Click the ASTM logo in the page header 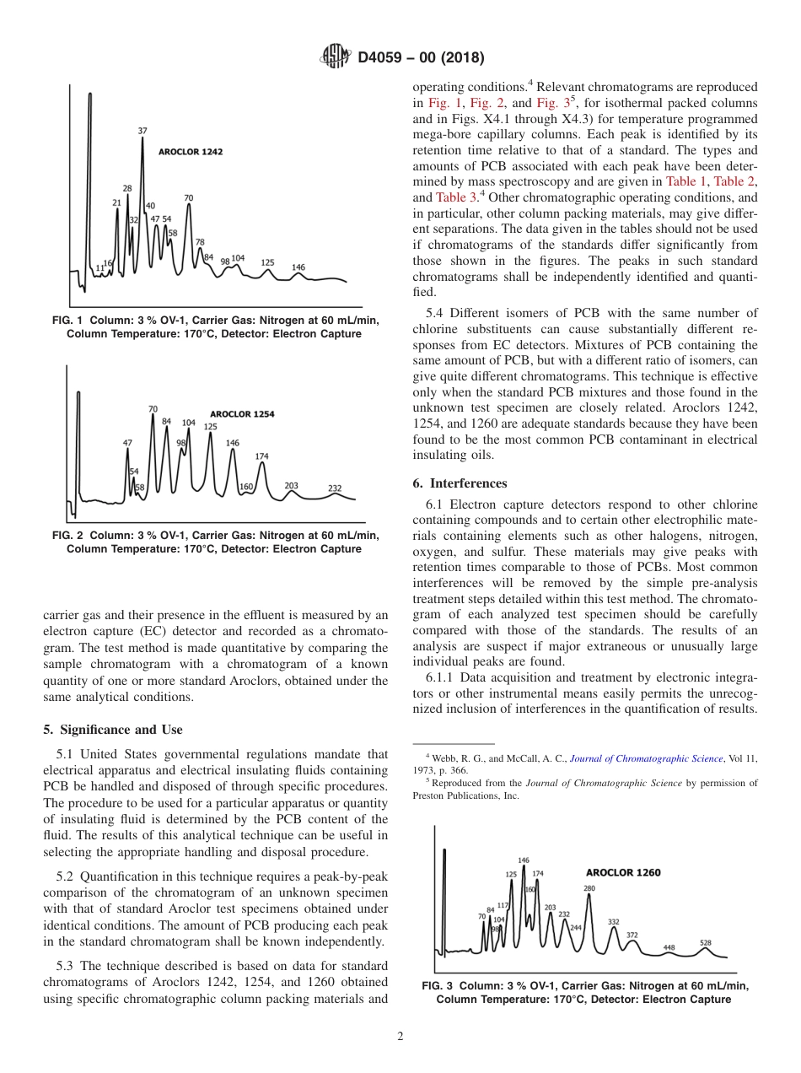(336, 57)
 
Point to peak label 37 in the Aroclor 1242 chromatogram (142, 131)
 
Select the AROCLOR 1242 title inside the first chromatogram (191, 152)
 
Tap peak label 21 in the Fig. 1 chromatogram (116, 202)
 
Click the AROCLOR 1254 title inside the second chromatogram (242, 414)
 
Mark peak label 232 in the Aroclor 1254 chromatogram (335, 488)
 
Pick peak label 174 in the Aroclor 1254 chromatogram (262, 456)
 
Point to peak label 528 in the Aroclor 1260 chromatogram (706, 943)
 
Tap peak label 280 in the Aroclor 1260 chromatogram (589, 888)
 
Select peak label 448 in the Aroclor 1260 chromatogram (669, 947)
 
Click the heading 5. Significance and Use (112, 730)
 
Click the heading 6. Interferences (460, 483)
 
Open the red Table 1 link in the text (686, 181)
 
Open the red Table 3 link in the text (455, 197)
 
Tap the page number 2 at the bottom (400, 1037)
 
